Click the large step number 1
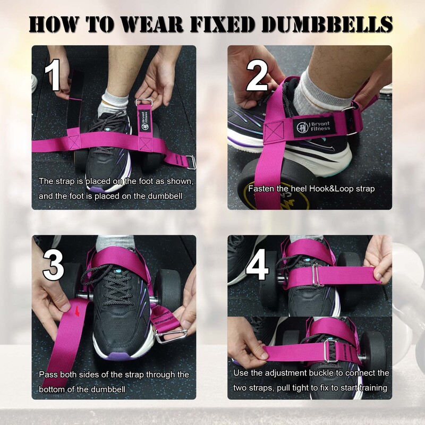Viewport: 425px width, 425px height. tap(53, 75)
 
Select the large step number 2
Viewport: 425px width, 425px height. tap(257, 75)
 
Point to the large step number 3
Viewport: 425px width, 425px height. tap(54, 265)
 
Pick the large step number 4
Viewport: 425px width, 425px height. tap(257, 265)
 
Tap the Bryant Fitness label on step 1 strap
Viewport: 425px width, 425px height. tap(144, 120)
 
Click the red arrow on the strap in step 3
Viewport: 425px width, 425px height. tap(78, 311)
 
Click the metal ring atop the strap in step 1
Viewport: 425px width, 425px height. tap(144, 103)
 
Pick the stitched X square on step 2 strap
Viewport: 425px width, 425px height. tap(274, 132)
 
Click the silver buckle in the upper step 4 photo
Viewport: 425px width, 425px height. tap(317, 275)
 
